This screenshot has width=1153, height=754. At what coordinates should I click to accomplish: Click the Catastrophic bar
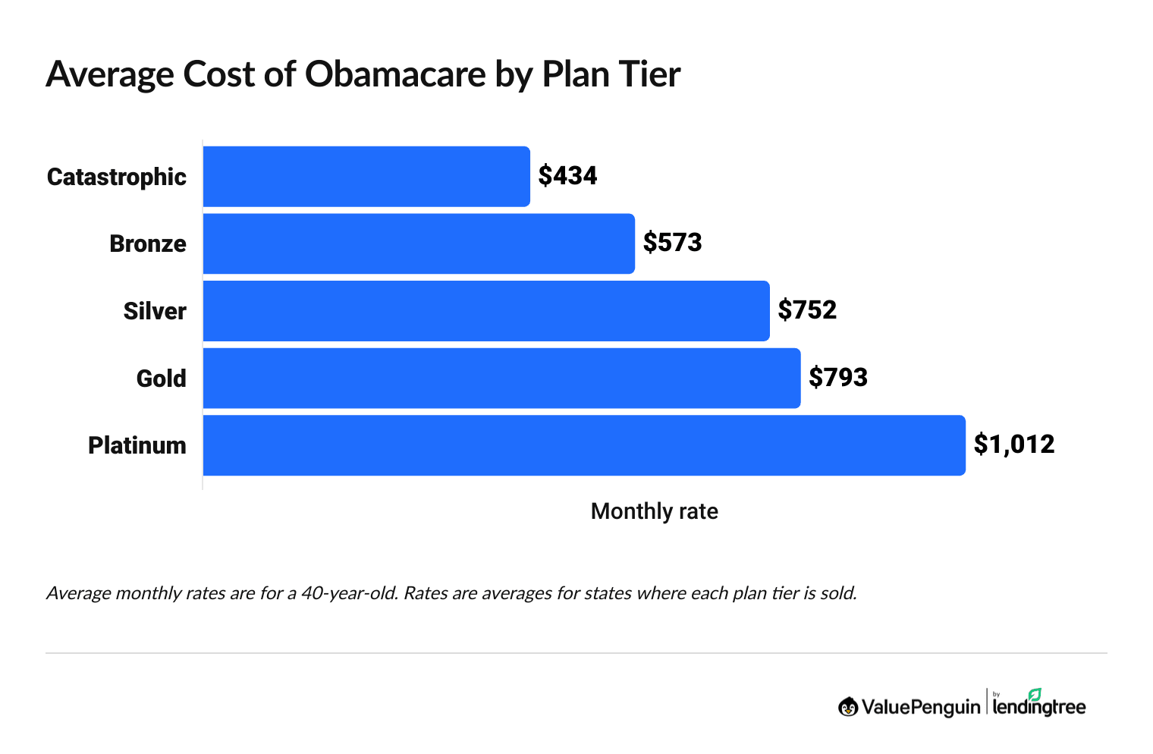(366, 176)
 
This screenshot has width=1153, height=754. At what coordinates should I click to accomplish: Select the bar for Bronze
(419, 243)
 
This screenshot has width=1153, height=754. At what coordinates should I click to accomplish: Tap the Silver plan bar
(486, 311)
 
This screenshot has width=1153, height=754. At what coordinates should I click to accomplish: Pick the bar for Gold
(501, 378)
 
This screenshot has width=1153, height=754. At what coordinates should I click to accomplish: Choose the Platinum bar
(584, 445)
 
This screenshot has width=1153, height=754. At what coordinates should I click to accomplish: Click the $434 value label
(567, 176)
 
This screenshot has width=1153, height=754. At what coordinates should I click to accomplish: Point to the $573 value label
(672, 243)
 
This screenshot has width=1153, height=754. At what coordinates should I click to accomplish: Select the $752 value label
(807, 310)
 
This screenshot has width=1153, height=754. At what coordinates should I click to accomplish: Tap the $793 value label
(838, 377)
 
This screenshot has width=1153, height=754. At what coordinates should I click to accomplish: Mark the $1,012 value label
(1014, 445)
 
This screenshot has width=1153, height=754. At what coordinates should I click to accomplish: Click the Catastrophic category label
(117, 177)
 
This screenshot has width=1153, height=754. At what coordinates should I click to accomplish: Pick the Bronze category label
(148, 243)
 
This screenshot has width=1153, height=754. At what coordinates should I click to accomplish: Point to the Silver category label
(155, 311)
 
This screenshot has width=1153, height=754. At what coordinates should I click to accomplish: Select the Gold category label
(162, 378)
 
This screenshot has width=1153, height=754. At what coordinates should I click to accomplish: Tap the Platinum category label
(137, 445)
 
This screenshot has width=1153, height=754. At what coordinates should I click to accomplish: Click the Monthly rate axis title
(654, 511)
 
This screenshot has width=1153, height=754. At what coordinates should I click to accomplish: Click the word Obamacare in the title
(395, 74)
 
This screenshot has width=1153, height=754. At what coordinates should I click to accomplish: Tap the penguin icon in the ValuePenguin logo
(848, 707)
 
